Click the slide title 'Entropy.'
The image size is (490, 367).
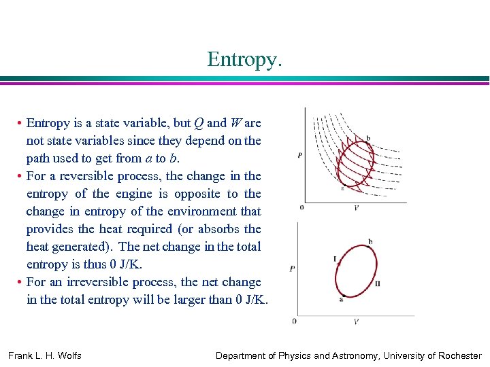pos(244,59)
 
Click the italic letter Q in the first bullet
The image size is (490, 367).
pos(198,123)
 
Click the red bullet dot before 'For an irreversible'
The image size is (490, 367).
pos(20,282)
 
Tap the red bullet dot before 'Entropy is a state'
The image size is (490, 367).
pos(20,123)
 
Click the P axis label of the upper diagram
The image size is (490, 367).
pos(300,156)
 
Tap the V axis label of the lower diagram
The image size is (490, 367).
pos(356,320)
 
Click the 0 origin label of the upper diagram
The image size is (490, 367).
pos(301,207)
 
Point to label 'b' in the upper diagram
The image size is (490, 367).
pos(368,138)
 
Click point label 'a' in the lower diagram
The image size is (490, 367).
pos(340,300)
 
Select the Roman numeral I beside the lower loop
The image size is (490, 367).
pos(336,258)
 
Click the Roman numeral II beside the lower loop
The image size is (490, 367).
pos(377,283)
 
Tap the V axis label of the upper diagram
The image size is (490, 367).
pos(356,207)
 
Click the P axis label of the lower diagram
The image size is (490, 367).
pos(292,268)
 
